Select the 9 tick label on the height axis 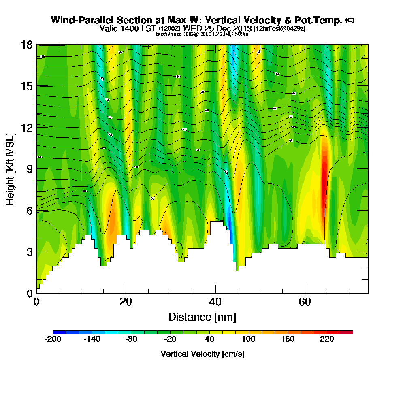tap(29, 168)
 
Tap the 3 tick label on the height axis tap(29, 252)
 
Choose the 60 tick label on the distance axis tap(305, 302)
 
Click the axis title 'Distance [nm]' tap(202, 316)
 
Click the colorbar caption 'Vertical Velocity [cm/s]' tap(202, 354)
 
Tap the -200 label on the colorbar tap(52, 339)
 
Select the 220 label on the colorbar tap(327, 339)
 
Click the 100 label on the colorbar tap(249, 339)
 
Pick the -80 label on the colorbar tap(131, 339)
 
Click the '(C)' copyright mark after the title tap(350, 20)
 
